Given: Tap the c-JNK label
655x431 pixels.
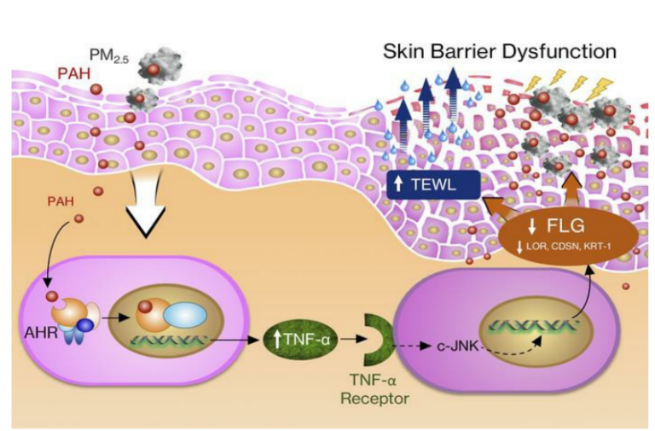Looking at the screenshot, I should coord(449,347).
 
